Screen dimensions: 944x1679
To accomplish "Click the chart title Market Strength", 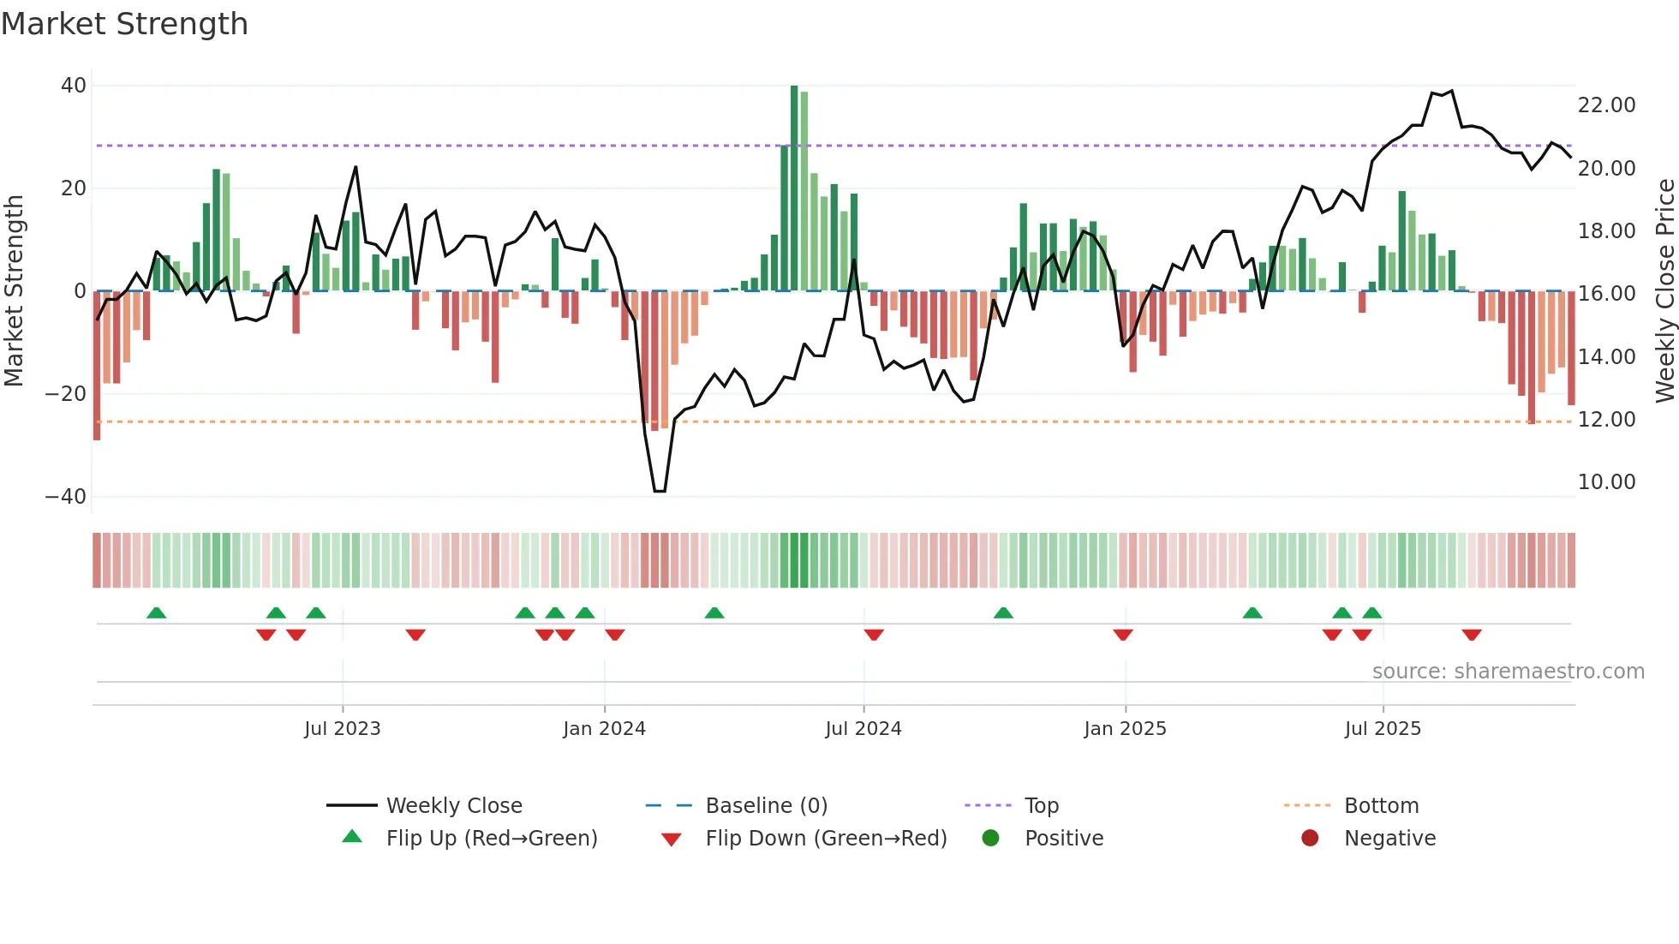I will point(124,24).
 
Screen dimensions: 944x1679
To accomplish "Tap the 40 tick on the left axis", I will point(74,86).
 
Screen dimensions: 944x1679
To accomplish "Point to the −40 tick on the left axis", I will point(66,497).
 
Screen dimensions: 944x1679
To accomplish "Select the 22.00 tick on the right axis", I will point(1606,105).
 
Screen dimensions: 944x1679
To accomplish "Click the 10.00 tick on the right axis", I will point(1606,482).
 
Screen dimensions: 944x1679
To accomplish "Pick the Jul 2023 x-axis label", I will point(342,729).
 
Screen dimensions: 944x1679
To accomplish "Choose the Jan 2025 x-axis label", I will point(1125,729).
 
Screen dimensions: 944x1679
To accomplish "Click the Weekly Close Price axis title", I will point(1664,291).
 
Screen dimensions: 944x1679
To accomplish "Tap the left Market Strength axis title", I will point(15,291).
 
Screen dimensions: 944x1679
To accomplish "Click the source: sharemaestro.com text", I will point(1508,672).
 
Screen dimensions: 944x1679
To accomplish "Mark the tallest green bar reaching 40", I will point(794,188).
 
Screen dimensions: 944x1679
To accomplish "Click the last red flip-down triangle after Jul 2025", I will point(1472,635).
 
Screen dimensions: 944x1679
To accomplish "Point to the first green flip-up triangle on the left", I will point(156,612).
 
